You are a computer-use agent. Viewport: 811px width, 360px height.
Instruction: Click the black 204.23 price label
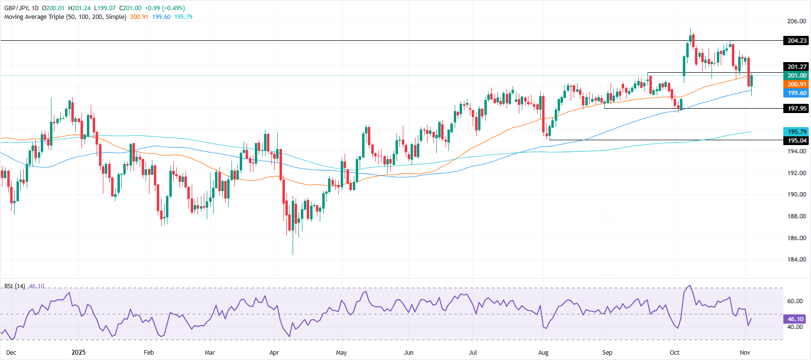coord(796,41)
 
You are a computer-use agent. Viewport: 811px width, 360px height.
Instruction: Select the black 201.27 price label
coord(796,67)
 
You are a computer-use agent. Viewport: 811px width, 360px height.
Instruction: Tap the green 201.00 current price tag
coord(796,76)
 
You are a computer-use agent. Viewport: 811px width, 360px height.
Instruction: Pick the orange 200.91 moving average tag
coord(796,84)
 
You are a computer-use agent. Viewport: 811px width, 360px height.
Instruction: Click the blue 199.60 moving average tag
coord(796,93)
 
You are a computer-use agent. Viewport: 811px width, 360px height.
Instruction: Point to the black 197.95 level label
coord(796,109)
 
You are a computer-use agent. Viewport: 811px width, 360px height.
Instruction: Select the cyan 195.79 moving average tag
coord(796,132)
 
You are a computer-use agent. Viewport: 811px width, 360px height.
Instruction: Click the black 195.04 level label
coord(796,141)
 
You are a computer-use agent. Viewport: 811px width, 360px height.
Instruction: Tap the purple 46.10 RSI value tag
coord(796,319)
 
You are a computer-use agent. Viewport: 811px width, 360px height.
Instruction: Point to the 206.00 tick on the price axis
coord(796,21)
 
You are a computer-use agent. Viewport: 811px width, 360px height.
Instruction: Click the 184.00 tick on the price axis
coord(796,260)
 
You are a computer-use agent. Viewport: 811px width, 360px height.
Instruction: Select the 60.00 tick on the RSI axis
coord(794,301)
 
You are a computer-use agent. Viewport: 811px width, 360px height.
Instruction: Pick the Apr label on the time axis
coord(274,353)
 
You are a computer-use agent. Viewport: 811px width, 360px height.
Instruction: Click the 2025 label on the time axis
coord(78,353)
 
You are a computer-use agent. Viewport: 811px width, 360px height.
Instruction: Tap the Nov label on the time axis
coord(745,353)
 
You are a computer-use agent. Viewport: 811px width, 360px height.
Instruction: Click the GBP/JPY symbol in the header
coord(16,8)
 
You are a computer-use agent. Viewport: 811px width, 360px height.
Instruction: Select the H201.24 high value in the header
coord(80,8)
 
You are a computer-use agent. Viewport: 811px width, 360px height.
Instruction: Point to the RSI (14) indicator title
coord(15,286)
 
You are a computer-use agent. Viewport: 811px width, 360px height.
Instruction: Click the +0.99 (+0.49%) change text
coord(165,8)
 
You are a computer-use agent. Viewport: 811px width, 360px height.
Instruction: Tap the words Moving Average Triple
coord(34,17)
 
